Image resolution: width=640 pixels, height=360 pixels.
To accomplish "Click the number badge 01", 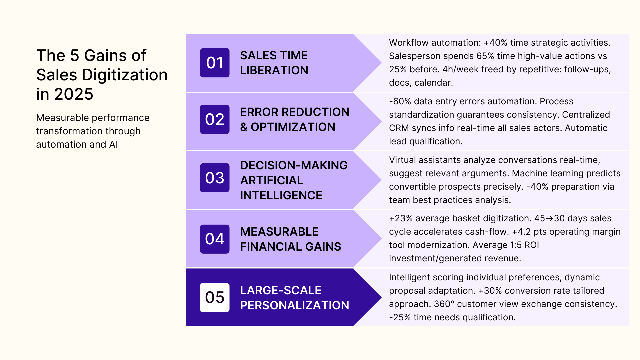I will click(x=215, y=63).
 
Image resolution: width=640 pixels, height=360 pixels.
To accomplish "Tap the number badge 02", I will click(x=215, y=119).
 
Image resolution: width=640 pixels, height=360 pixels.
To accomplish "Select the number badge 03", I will click(x=215, y=178).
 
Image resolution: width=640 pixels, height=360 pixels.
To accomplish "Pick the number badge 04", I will click(x=215, y=239).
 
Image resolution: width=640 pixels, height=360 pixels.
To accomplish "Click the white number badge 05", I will click(x=215, y=297).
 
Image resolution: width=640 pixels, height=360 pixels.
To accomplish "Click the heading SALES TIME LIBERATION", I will click(x=274, y=63).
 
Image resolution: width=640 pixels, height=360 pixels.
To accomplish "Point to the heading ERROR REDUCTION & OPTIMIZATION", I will click(x=295, y=119).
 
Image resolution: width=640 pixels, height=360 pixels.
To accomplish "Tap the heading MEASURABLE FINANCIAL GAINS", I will click(x=290, y=239).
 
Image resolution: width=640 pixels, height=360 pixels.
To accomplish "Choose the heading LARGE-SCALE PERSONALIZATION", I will click(x=295, y=298).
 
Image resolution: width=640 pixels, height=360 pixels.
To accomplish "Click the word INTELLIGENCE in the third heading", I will click(x=281, y=195).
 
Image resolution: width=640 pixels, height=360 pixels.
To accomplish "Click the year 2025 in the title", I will click(x=74, y=94).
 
